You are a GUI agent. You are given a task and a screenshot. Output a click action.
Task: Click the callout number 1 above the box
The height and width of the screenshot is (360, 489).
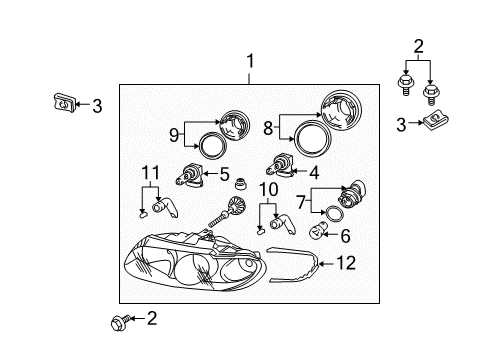[x=251, y=62]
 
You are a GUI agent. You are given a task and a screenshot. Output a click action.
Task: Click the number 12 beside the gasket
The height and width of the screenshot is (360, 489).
[x=346, y=264]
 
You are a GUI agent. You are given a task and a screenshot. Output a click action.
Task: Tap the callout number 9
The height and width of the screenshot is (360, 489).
[x=174, y=134]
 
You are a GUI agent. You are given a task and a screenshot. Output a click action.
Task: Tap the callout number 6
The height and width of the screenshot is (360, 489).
[x=346, y=236]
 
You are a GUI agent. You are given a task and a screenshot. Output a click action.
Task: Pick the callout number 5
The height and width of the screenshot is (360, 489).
[x=225, y=172]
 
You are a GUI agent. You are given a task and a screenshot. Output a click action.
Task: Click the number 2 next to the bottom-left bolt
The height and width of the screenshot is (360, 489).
[x=152, y=319]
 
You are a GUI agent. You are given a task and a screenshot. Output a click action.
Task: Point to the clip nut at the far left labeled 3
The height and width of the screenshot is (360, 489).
[x=62, y=102]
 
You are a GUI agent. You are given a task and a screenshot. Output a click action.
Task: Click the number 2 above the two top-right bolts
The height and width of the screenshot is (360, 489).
[x=419, y=46]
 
